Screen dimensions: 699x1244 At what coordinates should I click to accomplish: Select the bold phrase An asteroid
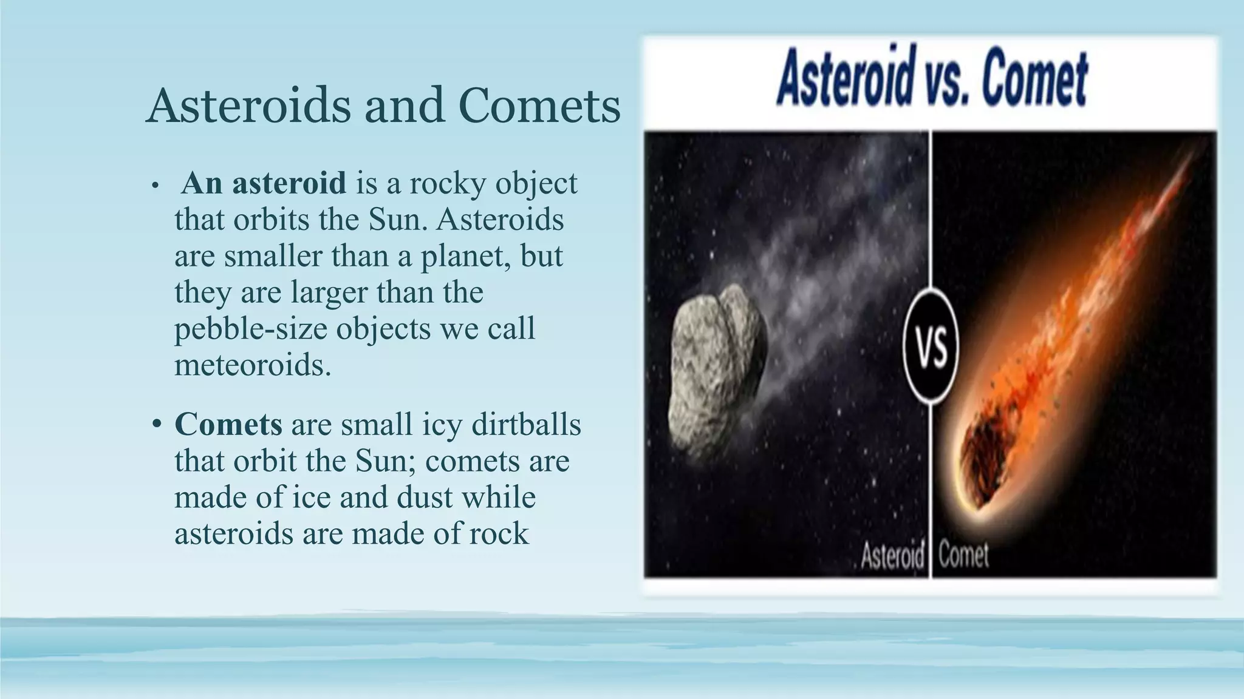tap(264, 183)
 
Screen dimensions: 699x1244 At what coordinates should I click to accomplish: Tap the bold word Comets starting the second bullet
tap(228, 424)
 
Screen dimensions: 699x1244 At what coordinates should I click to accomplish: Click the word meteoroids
tap(253, 365)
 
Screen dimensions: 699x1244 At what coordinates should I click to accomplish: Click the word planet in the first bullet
tap(463, 256)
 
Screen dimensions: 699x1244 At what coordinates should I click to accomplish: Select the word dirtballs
tap(526, 424)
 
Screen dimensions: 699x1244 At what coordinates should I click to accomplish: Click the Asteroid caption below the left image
tap(892, 555)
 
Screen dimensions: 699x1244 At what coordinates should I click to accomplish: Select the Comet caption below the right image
tap(963, 555)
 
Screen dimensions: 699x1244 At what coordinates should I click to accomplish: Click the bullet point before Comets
tap(157, 424)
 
